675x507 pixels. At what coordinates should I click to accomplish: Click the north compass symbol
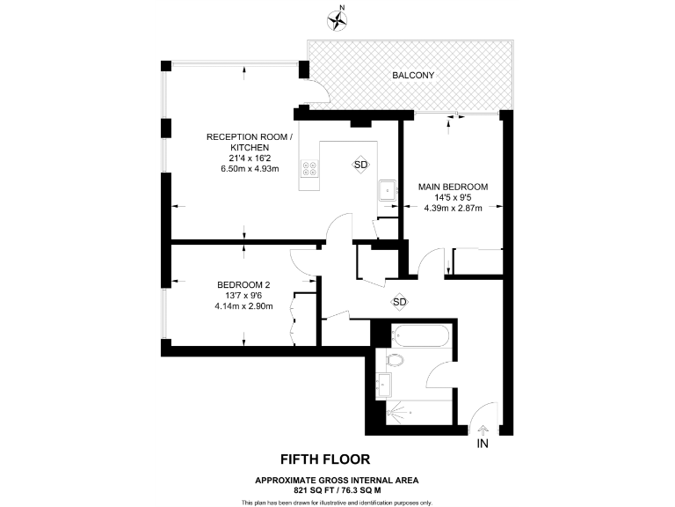(x=337, y=18)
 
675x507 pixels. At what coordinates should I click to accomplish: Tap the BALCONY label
(x=411, y=76)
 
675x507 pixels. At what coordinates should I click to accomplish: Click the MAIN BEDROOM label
(x=453, y=187)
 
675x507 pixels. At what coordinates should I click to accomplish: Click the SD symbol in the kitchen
(x=360, y=165)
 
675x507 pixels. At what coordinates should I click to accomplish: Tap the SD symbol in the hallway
(x=400, y=302)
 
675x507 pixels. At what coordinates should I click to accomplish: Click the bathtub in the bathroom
(x=423, y=335)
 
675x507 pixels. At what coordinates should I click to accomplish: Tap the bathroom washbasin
(x=383, y=383)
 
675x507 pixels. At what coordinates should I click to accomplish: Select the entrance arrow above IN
(x=482, y=429)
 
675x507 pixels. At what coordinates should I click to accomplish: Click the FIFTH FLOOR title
(x=324, y=459)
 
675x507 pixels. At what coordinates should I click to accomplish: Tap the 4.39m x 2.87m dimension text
(x=453, y=209)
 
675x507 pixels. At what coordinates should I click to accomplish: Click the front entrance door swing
(x=477, y=414)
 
